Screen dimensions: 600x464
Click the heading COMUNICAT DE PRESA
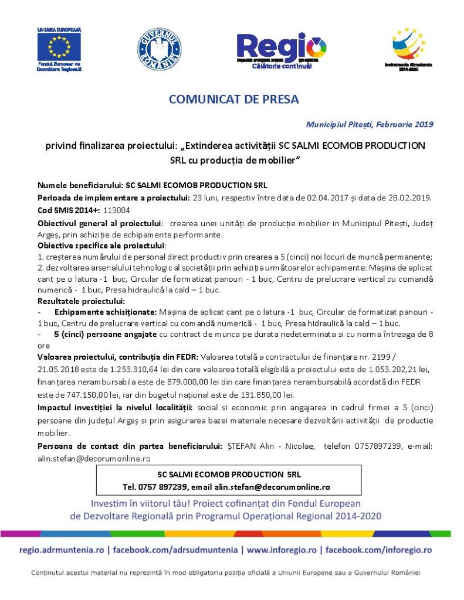click(x=233, y=99)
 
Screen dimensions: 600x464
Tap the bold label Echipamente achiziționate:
click(x=106, y=312)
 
